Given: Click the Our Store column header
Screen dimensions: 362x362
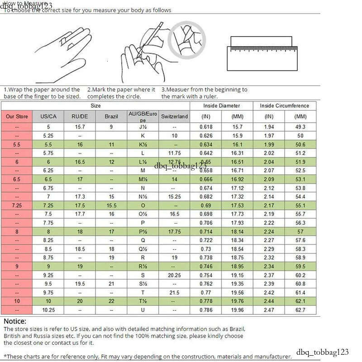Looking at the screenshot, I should pyautogui.click(x=17, y=117).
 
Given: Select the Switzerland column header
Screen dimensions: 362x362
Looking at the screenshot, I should pyautogui.click(x=174, y=117).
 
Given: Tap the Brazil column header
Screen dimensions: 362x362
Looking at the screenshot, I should pyautogui.click(x=111, y=117).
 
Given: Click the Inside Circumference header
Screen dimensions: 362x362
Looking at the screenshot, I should pyautogui.click(x=285, y=106).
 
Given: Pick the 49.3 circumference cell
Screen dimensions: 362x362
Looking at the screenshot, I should pyautogui.click(x=300, y=127).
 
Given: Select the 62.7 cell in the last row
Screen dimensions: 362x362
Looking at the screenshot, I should pyautogui.click(x=300, y=310).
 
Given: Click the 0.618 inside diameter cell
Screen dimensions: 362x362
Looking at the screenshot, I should pyautogui.click(x=206, y=127).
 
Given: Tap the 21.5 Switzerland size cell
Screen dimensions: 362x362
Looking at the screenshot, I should pyautogui.click(x=174, y=293).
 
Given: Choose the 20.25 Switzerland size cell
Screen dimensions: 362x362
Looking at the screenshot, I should pyautogui.click(x=174, y=275).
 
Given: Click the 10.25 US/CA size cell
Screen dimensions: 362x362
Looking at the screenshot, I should pyautogui.click(x=48, y=310).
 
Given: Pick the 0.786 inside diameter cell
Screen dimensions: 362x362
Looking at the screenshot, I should pyautogui.click(x=206, y=310).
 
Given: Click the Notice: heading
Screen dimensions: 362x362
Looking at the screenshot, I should pyautogui.click(x=15, y=321).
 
